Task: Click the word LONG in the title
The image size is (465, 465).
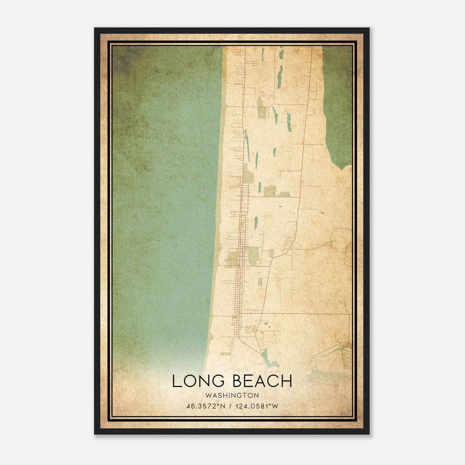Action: (198, 381)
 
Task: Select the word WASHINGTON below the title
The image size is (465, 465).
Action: (232, 395)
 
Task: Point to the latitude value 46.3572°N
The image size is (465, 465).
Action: (206, 406)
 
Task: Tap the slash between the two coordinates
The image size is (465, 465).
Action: (230, 406)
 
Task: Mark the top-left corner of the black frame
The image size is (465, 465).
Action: (95, 28)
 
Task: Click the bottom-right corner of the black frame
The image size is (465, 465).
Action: (369, 434)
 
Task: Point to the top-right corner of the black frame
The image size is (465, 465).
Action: (369, 28)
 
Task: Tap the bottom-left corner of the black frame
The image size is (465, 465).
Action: (95, 434)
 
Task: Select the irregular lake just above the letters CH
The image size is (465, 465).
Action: (270, 360)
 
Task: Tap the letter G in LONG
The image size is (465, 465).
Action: (218, 381)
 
